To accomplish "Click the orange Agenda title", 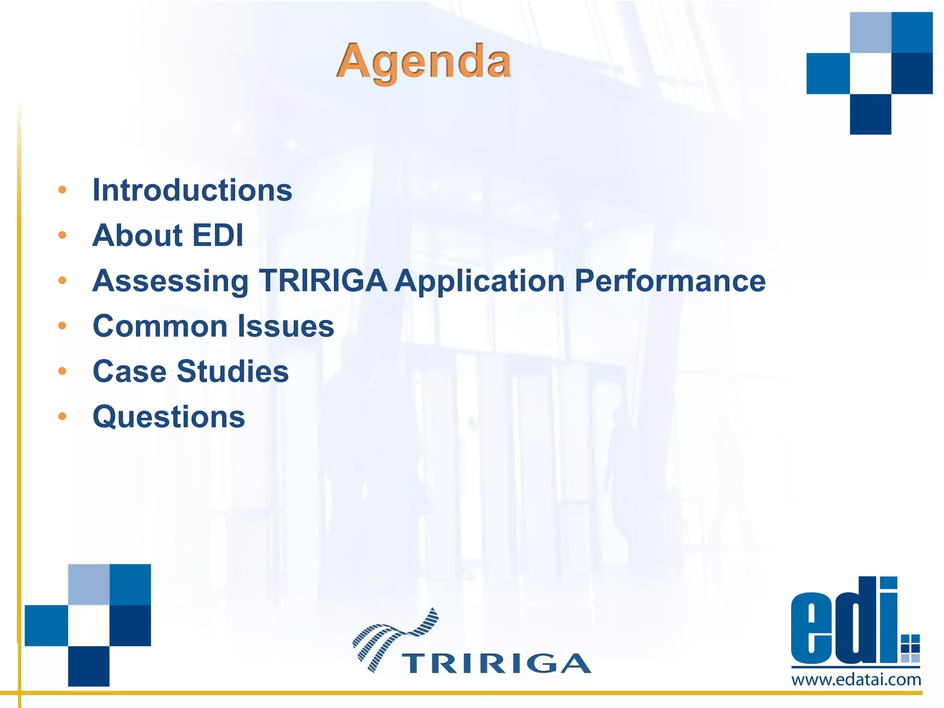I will point(424,62).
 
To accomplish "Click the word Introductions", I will point(192,190).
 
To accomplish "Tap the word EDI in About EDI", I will point(218,235).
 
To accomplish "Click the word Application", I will point(480,281).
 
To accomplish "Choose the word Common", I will point(160,326).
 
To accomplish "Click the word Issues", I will point(286,326).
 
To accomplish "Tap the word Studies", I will point(233,371).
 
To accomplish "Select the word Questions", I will point(169,417).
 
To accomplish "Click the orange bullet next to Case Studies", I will point(62,371).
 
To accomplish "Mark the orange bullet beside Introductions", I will point(62,190).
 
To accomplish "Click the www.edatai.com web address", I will point(856,679).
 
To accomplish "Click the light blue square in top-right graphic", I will point(870,32).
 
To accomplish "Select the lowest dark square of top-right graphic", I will point(870,114).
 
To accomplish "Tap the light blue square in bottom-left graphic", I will point(88,584).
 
